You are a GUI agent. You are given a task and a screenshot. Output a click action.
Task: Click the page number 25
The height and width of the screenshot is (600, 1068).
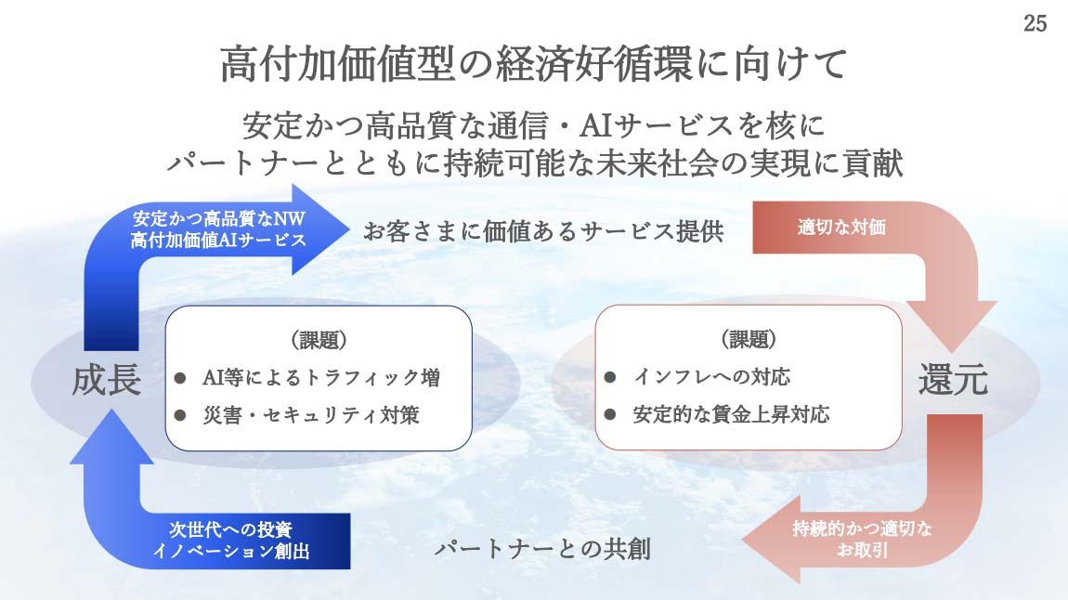pos(1035,23)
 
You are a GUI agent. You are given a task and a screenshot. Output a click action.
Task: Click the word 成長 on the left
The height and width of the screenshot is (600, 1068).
pos(107,380)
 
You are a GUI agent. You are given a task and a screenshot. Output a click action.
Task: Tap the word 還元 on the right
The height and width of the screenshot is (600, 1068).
pos(953,379)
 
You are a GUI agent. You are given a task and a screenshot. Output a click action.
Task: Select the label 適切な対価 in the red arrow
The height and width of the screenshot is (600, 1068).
pos(842,227)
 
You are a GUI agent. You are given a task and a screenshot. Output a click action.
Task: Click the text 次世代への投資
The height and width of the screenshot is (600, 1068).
pos(231,529)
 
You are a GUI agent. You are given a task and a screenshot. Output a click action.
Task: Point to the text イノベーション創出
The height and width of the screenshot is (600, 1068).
pos(231,550)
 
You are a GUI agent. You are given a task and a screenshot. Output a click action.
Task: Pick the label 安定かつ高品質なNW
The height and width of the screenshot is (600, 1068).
pos(218,218)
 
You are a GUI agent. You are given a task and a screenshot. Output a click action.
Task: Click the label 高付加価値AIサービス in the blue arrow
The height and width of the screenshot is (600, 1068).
pos(218,240)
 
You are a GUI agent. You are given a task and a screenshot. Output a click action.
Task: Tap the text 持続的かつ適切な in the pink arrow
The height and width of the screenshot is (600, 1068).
pos(862,528)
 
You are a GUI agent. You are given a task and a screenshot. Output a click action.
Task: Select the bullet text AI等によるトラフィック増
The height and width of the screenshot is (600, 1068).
pos(320,377)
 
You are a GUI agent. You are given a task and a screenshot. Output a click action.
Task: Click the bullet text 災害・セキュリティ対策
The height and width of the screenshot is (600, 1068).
pos(310,415)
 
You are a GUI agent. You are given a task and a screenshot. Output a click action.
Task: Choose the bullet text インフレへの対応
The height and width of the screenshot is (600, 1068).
pos(711,376)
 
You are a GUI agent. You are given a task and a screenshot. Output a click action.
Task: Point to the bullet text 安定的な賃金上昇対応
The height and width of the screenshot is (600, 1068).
pos(731,414)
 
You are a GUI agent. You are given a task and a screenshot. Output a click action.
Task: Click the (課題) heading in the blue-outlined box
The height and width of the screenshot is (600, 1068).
pos(319,339)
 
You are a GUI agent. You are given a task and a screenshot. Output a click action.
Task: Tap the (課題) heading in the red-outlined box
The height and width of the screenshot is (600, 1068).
pos(749,338)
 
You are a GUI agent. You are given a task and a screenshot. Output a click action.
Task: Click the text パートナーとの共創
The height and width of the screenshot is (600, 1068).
pos(543,548)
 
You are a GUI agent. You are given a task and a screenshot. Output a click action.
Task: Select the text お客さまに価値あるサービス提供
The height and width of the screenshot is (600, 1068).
pos(543,231)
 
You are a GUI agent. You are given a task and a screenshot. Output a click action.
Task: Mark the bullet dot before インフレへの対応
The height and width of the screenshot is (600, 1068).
pos(609,376)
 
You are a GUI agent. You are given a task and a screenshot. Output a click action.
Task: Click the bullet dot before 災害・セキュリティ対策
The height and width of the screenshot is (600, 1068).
pos(180,415)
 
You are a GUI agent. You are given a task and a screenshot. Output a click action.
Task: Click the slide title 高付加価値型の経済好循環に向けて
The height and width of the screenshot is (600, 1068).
pos(534,64)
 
